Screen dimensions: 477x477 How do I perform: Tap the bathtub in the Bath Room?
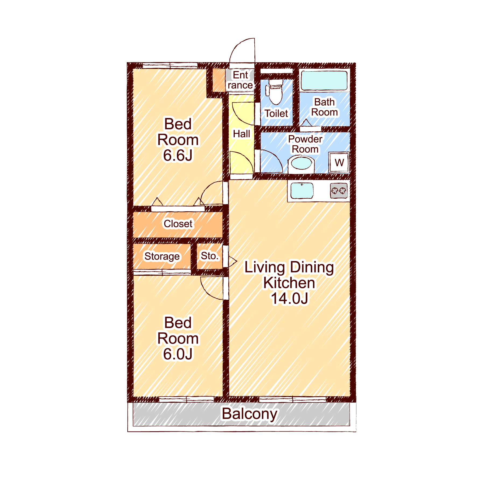point(324,80)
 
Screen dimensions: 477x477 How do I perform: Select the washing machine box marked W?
point(339,162)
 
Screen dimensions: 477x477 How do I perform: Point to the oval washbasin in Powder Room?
point(301,163)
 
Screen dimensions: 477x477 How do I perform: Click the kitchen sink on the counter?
point(302,191)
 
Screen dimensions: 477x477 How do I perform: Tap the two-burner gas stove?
point(339,191)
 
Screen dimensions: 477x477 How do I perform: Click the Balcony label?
point(249,414)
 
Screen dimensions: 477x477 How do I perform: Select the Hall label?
point(241,134)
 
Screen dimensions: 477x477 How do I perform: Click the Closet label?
point(178,223)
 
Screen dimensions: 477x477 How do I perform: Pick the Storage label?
point(162,257)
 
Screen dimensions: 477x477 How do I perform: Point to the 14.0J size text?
point(289,299)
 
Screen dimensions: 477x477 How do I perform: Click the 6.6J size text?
point(178,155)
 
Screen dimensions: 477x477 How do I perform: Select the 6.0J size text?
point(178,354)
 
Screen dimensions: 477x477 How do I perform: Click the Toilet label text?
point(276,113)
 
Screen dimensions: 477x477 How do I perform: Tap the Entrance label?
point(240,80)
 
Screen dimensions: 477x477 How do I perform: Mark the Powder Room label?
point(305,144)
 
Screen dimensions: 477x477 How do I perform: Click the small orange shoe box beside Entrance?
point(219,80)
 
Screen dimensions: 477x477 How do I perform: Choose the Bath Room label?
point(324,107)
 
